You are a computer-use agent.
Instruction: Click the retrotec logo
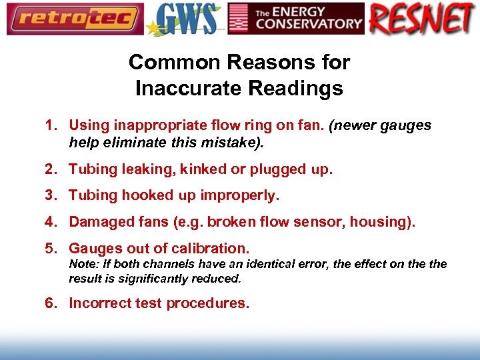[74, 19]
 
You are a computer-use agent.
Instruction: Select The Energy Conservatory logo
[296, 19]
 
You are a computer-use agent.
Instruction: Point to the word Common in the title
[163, 62]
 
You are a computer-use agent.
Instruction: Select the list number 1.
[49, 125]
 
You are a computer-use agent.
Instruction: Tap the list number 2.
[49, 169]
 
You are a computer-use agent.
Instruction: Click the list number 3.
[49, 195]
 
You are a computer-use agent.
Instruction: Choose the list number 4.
[49, 221]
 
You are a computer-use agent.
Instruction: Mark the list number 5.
[49, 248]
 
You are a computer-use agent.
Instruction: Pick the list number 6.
[49, 303]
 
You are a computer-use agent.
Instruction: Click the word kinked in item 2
[204, 169]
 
